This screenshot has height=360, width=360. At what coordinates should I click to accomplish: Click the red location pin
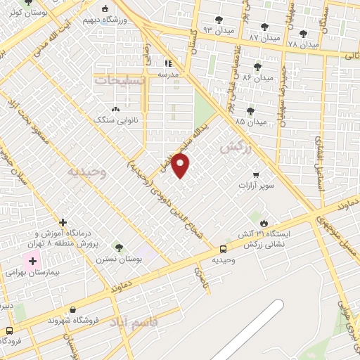[181, 165]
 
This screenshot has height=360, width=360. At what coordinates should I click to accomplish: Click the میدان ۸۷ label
[264, 37]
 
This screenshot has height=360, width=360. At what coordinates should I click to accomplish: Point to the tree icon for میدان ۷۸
[303, 33]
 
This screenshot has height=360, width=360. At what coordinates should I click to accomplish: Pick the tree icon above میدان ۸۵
[250, 110]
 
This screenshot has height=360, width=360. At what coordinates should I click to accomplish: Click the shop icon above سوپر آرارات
[256, 174]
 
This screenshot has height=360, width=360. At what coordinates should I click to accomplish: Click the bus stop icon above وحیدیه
[223, 248]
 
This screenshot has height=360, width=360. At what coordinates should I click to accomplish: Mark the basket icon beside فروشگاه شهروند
[73, 309]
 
